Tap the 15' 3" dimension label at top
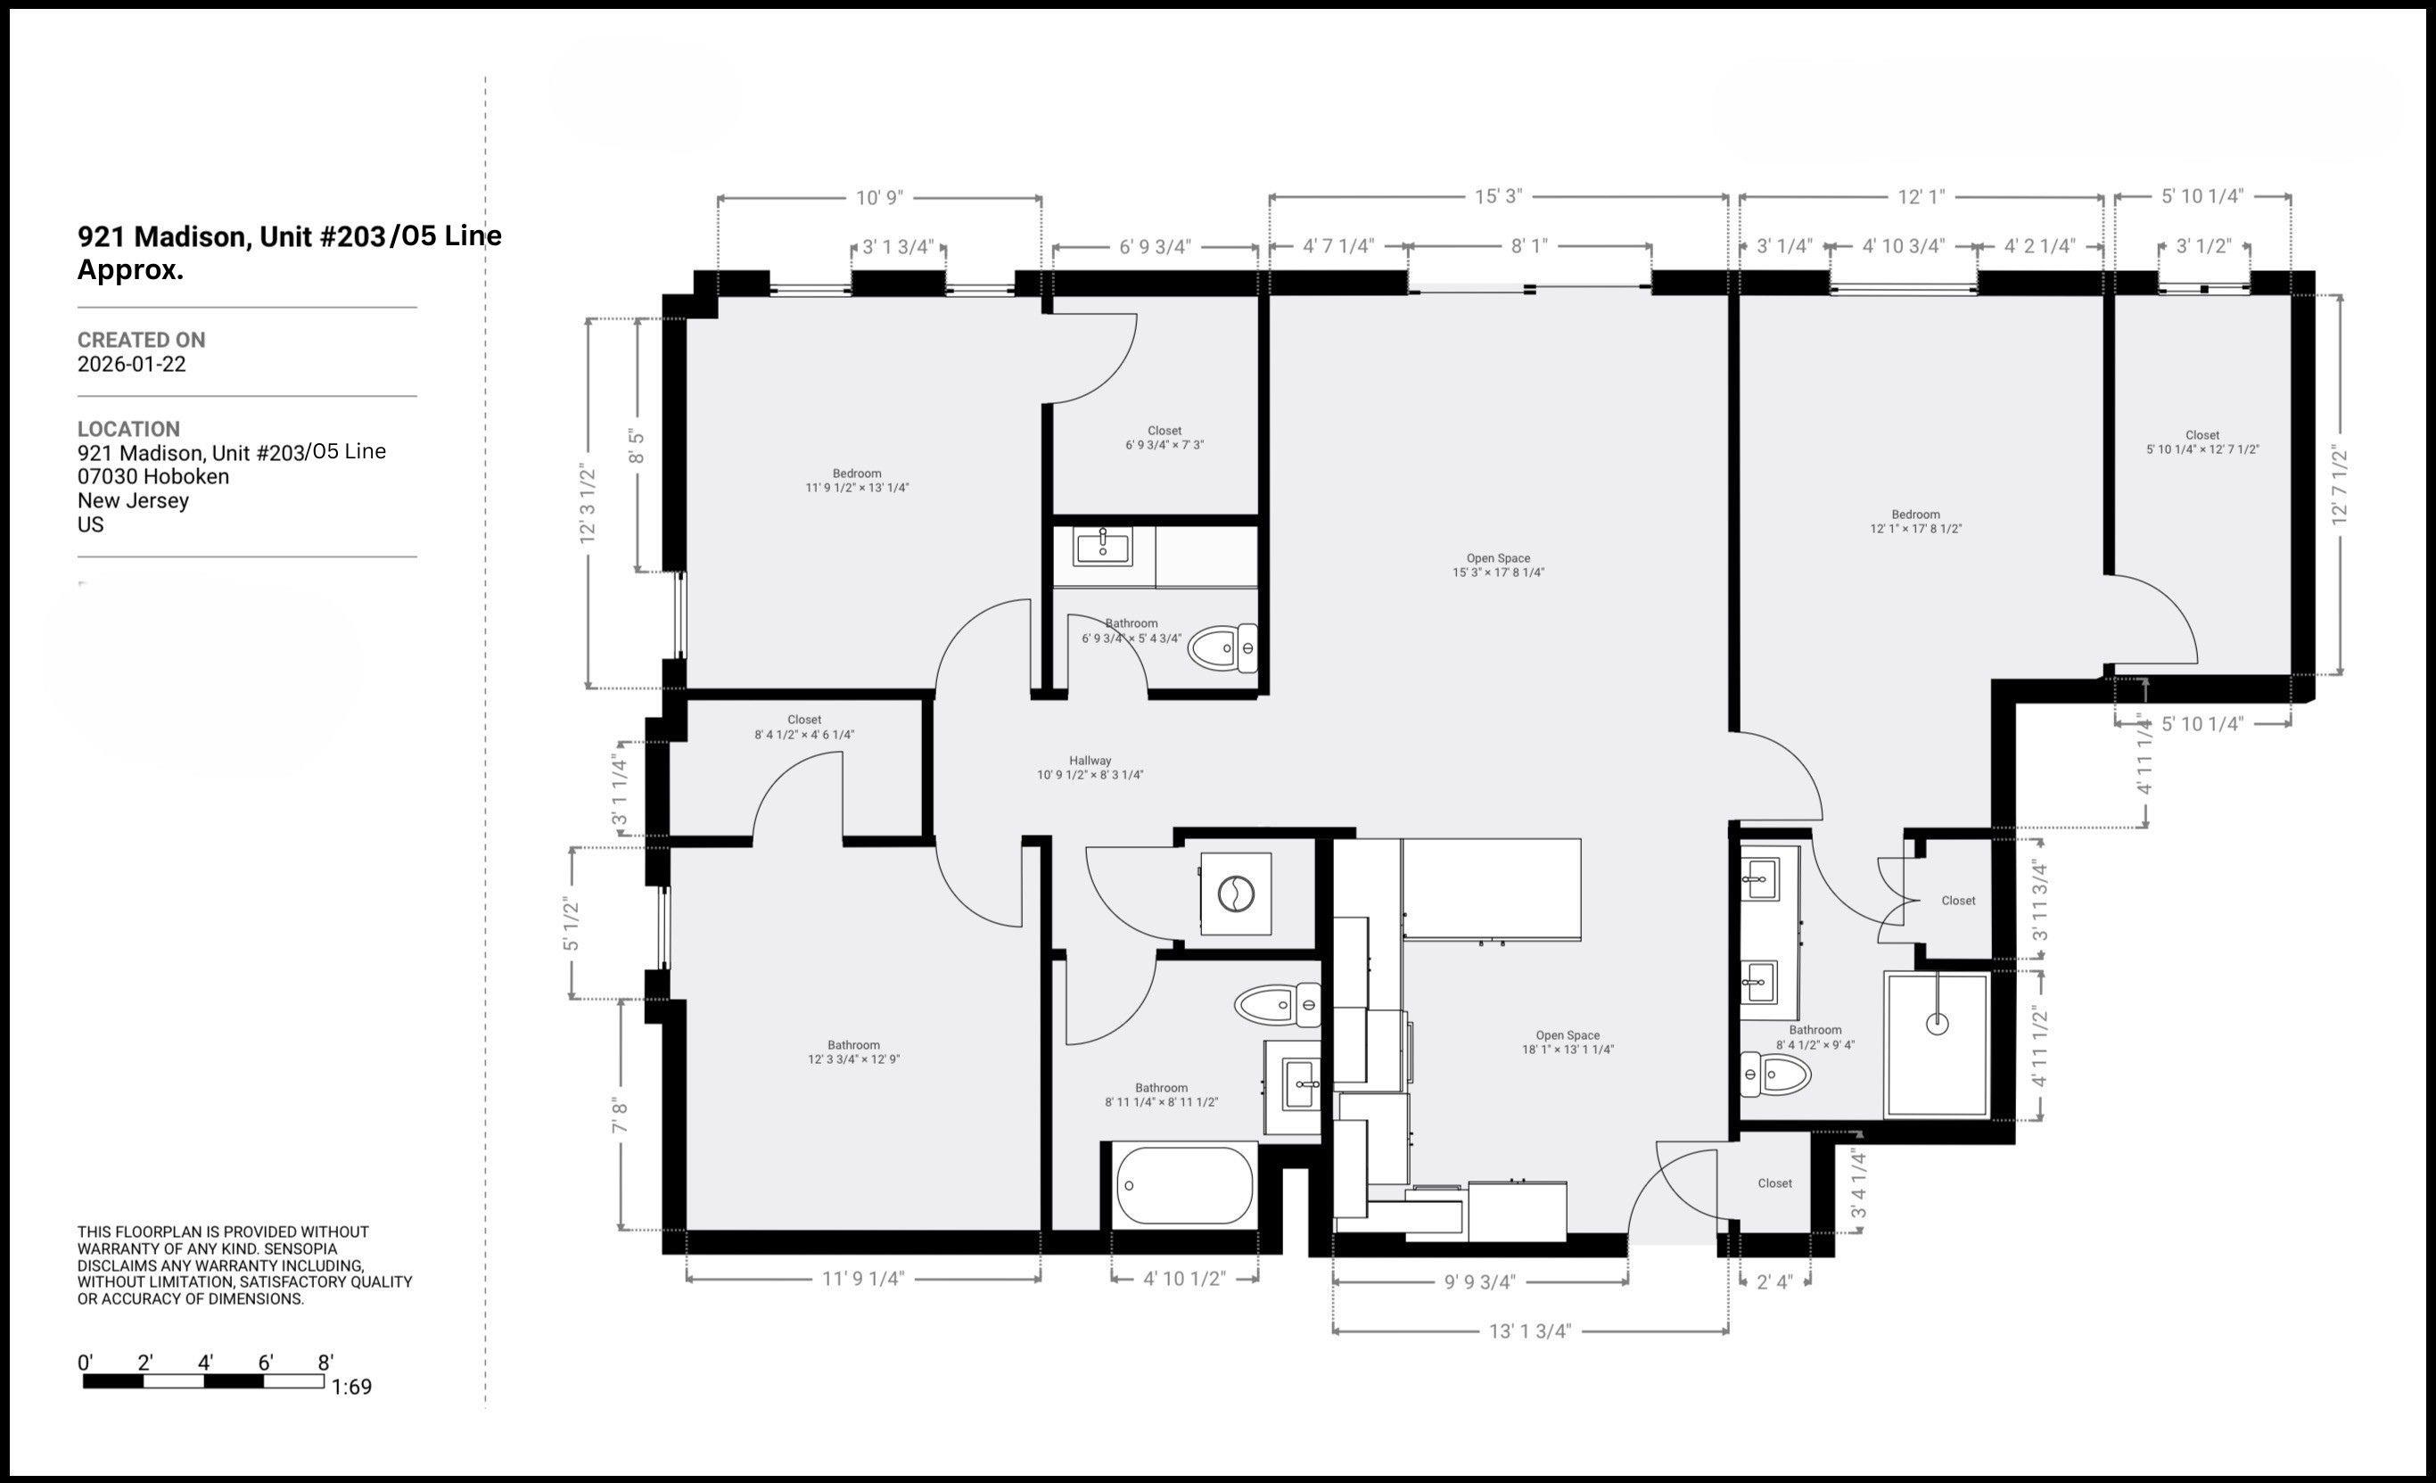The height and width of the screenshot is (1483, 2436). (1498, 197)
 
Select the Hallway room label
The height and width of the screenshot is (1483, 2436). (1090, 762)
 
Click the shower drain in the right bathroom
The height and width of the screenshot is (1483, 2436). (1937, 1025)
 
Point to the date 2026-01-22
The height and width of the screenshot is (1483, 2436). (131, 364)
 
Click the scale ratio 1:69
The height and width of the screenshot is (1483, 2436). (351, 1387)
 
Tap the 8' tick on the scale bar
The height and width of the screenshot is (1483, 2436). (325, 1364)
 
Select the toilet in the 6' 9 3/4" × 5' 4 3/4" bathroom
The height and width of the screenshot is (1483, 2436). (1222, 648)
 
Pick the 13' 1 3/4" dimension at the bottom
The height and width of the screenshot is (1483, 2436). (1529, 1331)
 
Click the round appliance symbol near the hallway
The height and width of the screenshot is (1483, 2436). (1236, 894)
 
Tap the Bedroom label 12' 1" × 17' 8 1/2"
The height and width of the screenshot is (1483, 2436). (1915, 521)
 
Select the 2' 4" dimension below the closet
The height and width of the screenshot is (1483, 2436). (1774, 1282)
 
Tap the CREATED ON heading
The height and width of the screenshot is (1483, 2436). (142, 340)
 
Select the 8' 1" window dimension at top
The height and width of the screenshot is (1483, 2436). (1528, 246)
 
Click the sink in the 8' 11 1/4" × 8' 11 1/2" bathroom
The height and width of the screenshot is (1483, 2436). (1299, 1084)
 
